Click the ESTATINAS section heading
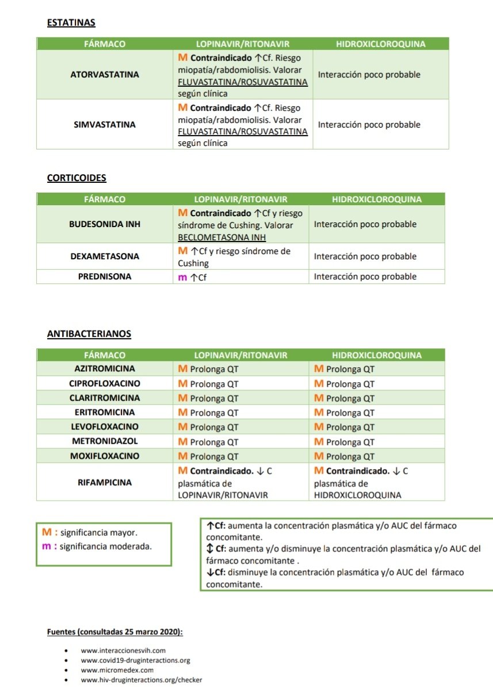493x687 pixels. click(x=71, y=23)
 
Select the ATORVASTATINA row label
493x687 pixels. click(x=105, y=75)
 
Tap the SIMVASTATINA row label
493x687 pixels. click(x=105, y=125)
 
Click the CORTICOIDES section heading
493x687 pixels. click(x=77, y=178)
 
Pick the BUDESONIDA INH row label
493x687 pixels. click(x=104, y=224)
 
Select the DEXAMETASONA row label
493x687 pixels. click(x=104, y=256)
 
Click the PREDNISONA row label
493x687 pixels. click(x=104, y=277)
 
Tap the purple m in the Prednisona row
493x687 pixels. click(x=182, y=277)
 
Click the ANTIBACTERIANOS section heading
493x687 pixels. click(x=89, y=333)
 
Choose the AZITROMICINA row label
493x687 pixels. click(x=104, y=369)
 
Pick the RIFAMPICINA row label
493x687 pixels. click(x=104, y=482)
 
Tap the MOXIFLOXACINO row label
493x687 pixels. click(x=104, y=456)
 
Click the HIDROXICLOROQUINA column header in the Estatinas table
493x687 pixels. click(x=380, y=44)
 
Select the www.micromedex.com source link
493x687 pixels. click(x=117, y=670)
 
